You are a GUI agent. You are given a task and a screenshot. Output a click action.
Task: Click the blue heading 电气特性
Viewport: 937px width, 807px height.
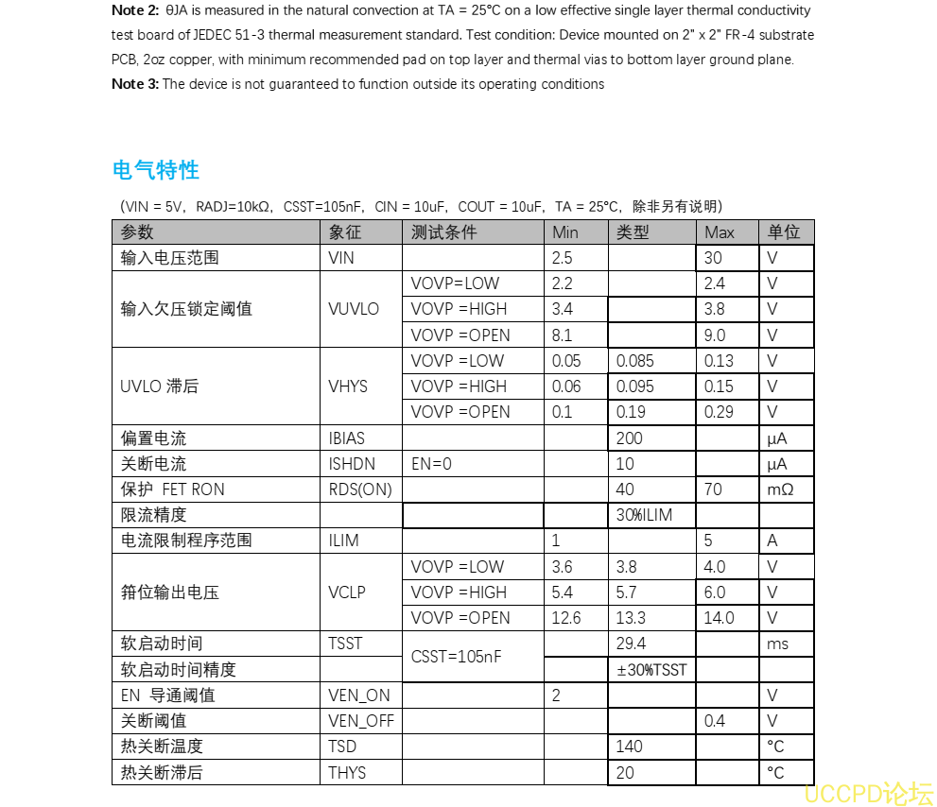[x=155, y=170]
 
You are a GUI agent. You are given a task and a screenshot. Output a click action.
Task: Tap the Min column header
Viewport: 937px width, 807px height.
[x=565, y=232]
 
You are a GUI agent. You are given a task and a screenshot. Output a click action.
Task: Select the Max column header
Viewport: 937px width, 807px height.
[x=720, y=232]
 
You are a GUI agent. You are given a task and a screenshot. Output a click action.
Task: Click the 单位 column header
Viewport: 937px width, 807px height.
[x=784, y=232]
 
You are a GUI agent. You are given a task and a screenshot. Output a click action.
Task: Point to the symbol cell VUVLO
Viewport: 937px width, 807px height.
[x=354, y=309]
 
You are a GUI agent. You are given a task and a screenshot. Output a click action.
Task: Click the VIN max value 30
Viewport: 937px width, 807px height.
[x=713, y=258]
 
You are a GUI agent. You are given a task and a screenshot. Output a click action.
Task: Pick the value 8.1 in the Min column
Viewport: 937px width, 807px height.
[x=562, y=335]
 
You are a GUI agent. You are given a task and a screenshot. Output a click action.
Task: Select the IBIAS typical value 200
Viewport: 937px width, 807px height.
[x=629, y=438]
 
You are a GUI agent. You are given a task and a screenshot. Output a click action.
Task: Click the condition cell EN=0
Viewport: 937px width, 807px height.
[x=431, y=464]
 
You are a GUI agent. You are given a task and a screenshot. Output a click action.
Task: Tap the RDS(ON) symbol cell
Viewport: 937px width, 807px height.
[x=360, y=489]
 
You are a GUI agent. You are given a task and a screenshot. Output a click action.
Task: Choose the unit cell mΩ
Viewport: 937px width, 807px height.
[x=780, y=489]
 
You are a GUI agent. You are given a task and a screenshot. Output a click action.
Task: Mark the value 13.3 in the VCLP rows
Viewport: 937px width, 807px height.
[x=631, y=618]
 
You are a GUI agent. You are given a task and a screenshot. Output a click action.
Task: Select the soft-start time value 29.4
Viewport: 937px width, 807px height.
[x=631, y=644]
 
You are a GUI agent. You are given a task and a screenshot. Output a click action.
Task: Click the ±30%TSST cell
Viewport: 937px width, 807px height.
[x=651, y=670]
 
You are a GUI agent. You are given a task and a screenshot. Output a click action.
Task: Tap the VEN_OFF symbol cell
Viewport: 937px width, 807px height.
[x=361, y=721]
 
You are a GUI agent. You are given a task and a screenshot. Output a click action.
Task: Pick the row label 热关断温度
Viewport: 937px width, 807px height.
[x=162, y=747]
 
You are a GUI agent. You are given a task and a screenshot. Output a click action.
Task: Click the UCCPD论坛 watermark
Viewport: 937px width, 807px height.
[x=868, y=793]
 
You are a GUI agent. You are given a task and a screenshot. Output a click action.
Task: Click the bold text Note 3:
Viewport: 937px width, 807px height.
[x=135, y=84]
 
